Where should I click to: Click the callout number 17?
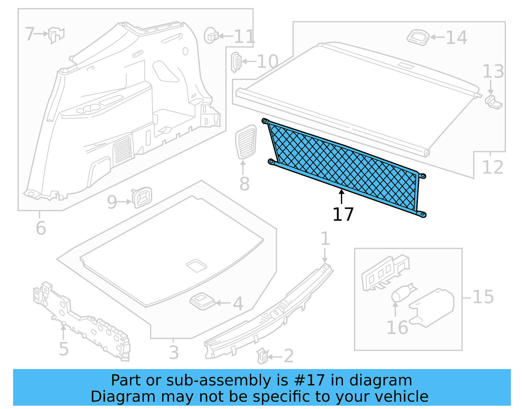coord(343,214)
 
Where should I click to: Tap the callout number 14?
coord(456,38)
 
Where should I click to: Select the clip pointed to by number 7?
coord(56,35)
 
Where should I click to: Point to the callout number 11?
coord(244,36)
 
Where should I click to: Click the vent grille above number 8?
coord(246,141)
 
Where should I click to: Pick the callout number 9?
coord(112,202)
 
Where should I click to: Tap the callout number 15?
coord(483,297)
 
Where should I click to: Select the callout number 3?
coord(174,353)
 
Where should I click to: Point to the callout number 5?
coord(64,349)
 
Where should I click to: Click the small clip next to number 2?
coord(262,356)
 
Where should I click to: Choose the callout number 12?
coord(493,167)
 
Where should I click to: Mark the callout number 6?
coord(41,228)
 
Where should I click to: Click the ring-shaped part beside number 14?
coord(418,37)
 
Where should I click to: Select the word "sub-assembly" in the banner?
coord(219,381)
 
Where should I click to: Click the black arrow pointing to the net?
coord(342,196)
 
